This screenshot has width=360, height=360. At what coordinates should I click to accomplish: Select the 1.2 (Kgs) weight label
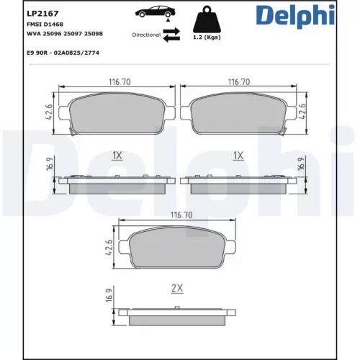coord(207,38)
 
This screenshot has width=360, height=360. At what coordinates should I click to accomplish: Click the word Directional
coord(147,35)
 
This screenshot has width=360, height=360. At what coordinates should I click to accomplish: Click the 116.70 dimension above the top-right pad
coord(238,84)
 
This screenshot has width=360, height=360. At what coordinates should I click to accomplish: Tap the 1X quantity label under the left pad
coord(117,155)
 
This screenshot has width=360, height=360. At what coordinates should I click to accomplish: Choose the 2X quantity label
coord(177,288)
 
